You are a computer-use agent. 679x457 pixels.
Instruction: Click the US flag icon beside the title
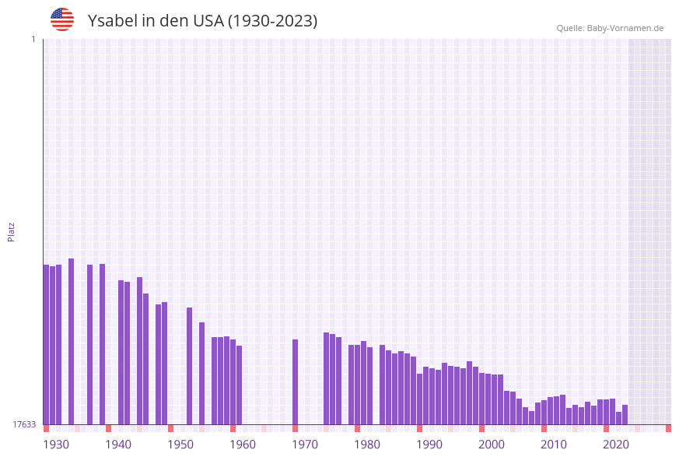[x=62, y=19]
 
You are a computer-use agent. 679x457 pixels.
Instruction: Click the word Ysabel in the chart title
[x=112, y=21]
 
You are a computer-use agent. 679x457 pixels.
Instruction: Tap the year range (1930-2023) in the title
[x=272, y=21]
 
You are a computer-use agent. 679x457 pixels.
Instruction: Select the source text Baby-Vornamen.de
[x=625, y=28]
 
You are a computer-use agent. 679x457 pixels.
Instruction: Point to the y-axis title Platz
[x=12, y=231]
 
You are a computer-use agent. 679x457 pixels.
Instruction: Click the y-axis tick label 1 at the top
[x=33, y=39]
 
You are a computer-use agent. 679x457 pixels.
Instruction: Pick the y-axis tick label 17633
[x=24, y=424]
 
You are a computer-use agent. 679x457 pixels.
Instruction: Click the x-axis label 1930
[x=56, y=445]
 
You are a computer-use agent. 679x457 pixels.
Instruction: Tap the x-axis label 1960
[x=243, y=445]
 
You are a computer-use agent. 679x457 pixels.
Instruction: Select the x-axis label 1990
[x=429, y=445]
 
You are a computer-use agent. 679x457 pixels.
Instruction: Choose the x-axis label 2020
[x=616, y=445]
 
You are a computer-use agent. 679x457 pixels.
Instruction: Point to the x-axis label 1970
[x=305, y=445]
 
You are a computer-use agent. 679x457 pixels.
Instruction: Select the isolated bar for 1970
[x=296, y=381]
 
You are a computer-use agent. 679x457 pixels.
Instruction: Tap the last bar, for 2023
[x=625, y=414]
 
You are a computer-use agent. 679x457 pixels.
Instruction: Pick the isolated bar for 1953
[x=189, y=366]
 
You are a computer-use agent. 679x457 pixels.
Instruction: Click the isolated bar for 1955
[x=201, y=373]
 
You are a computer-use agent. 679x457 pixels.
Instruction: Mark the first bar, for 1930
[x=47, y=344]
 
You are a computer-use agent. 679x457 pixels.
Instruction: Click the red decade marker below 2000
[x=481, y=428]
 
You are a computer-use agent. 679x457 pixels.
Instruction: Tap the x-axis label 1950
[x=180, y=445]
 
